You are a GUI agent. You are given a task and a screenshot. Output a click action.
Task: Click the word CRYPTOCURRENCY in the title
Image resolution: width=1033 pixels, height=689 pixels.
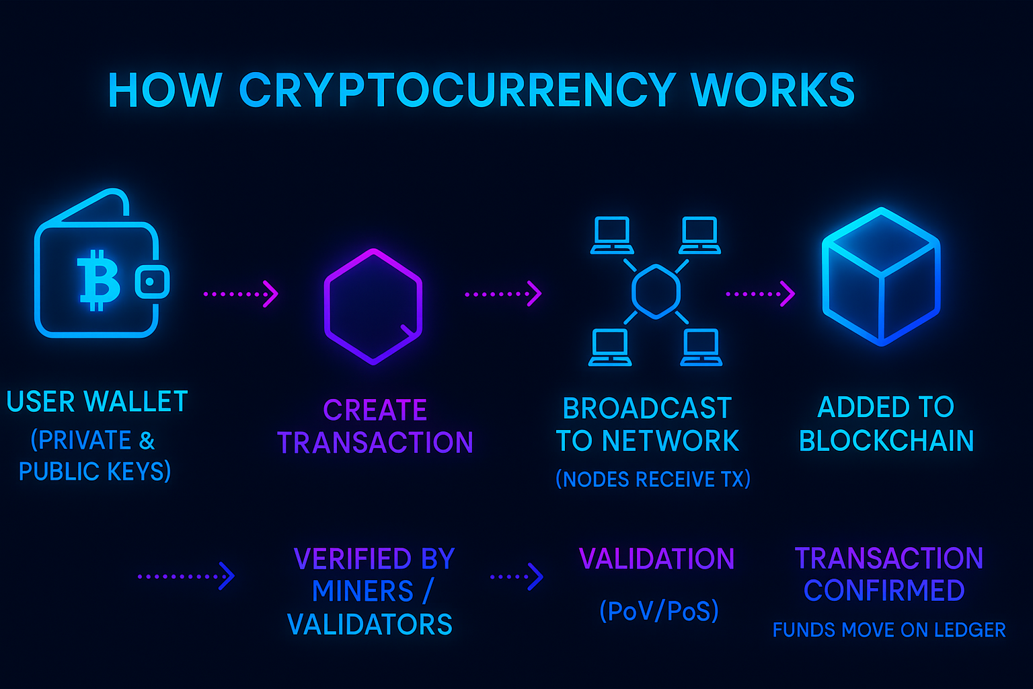coord(457,89)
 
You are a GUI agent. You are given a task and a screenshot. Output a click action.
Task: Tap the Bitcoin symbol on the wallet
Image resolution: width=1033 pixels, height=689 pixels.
coord(99,280)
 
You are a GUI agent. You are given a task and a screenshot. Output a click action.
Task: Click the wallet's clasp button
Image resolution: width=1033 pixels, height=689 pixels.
coord(152,282)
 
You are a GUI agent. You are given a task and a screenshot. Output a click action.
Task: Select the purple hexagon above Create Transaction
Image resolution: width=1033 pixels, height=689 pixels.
coord(373,306)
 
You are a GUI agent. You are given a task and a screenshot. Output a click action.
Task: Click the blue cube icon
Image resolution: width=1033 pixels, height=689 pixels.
coord(881,276)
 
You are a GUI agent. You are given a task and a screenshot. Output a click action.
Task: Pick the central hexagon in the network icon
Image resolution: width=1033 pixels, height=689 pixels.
coord(656,291)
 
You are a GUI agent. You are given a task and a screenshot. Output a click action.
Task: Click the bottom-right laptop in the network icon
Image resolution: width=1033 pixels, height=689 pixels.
coord(701,348)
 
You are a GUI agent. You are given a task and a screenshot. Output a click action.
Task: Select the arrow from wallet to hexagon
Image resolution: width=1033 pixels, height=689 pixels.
coord(241,294)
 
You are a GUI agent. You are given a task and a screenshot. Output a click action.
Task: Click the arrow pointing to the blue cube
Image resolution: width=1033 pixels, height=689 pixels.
coord(761,294)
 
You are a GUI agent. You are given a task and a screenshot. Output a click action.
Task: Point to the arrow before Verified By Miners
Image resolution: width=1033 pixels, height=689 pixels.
coord(186,577)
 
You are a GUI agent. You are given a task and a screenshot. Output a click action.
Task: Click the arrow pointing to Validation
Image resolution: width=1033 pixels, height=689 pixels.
coord(516,577)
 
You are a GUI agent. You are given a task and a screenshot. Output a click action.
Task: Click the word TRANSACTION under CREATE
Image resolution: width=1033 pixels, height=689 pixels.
coord(375,443)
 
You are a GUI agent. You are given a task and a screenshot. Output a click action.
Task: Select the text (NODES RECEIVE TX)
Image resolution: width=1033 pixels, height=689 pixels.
coord(652,479)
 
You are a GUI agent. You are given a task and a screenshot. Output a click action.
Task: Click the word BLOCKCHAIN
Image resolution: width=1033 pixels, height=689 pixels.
coord(886,441)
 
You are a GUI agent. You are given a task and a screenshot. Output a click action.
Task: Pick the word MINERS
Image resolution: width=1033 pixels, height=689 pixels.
coord(362,591)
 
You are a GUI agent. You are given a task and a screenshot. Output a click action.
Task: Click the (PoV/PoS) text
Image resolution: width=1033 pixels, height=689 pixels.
coord(659,611)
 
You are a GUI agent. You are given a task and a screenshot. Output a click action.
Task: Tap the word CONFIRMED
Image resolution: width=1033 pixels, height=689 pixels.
coord(884,591)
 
